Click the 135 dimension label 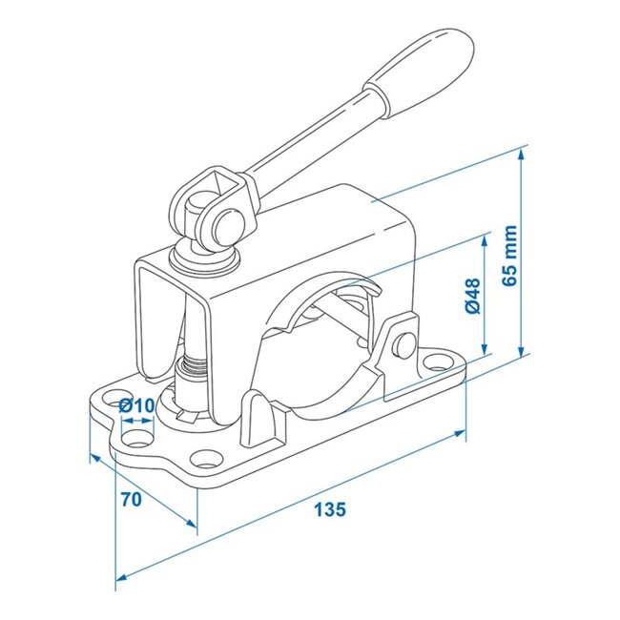coord(329,508)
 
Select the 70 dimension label coord(134,499)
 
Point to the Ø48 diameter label coord(472,298)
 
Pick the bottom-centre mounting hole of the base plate coord(205,454)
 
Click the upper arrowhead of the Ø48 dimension coord(486,235)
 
